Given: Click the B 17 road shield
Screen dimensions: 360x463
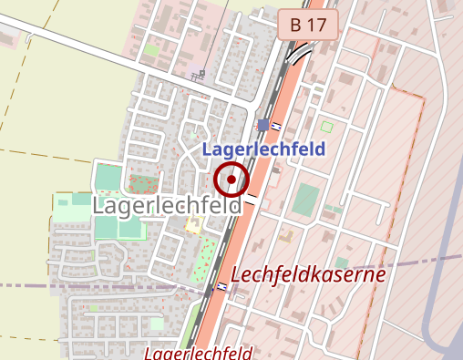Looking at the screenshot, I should coord(308,25).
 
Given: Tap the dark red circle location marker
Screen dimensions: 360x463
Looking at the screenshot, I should coord(231,180).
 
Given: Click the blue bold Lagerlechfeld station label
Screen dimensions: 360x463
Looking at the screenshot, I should coord(263,149).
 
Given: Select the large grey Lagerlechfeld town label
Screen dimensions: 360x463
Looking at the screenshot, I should coord(167,205).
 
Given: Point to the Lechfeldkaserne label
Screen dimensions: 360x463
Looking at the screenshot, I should coord(309,273).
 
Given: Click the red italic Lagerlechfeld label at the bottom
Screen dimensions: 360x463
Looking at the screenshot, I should coord(199,353).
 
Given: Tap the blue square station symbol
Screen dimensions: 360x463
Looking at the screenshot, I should coord(263,125).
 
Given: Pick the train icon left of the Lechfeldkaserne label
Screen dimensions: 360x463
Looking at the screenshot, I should coord(222,287).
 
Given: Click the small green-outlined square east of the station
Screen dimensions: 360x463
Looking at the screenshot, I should coord(327,126).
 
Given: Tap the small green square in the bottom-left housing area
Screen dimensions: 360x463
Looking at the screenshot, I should coord(156,323).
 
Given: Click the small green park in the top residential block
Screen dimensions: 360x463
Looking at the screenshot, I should coord(150,49).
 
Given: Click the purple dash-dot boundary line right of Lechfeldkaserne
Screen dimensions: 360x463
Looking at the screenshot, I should coord(428,262).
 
